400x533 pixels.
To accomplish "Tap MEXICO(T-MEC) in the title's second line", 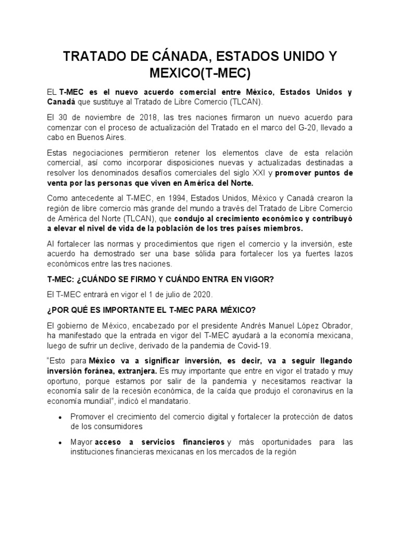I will (x=200, y=72).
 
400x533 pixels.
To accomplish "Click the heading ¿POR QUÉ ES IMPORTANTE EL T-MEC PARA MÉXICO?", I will (x=151, y=310).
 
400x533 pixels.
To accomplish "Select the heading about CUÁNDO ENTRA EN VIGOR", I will (x=160, y=280).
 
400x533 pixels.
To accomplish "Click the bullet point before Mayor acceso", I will (x=61, y=442).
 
